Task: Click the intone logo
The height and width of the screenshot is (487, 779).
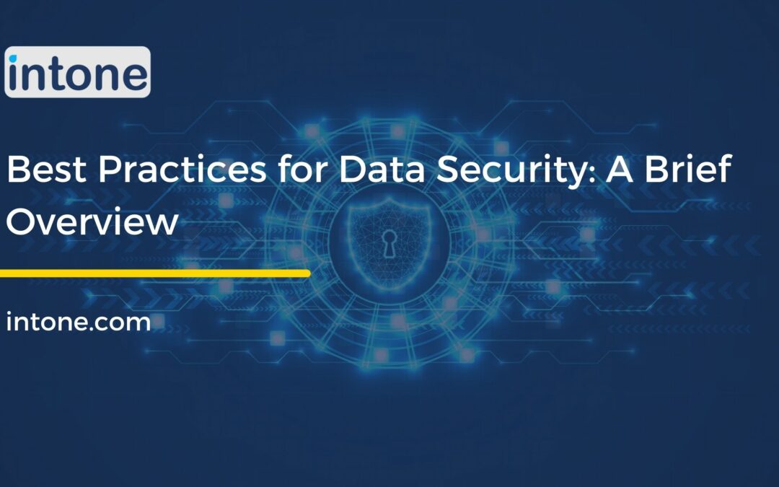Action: [x=77, y=72]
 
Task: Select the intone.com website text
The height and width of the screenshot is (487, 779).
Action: [x=78, y=322]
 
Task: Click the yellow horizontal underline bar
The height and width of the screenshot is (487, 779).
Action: [x=155, y=273]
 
